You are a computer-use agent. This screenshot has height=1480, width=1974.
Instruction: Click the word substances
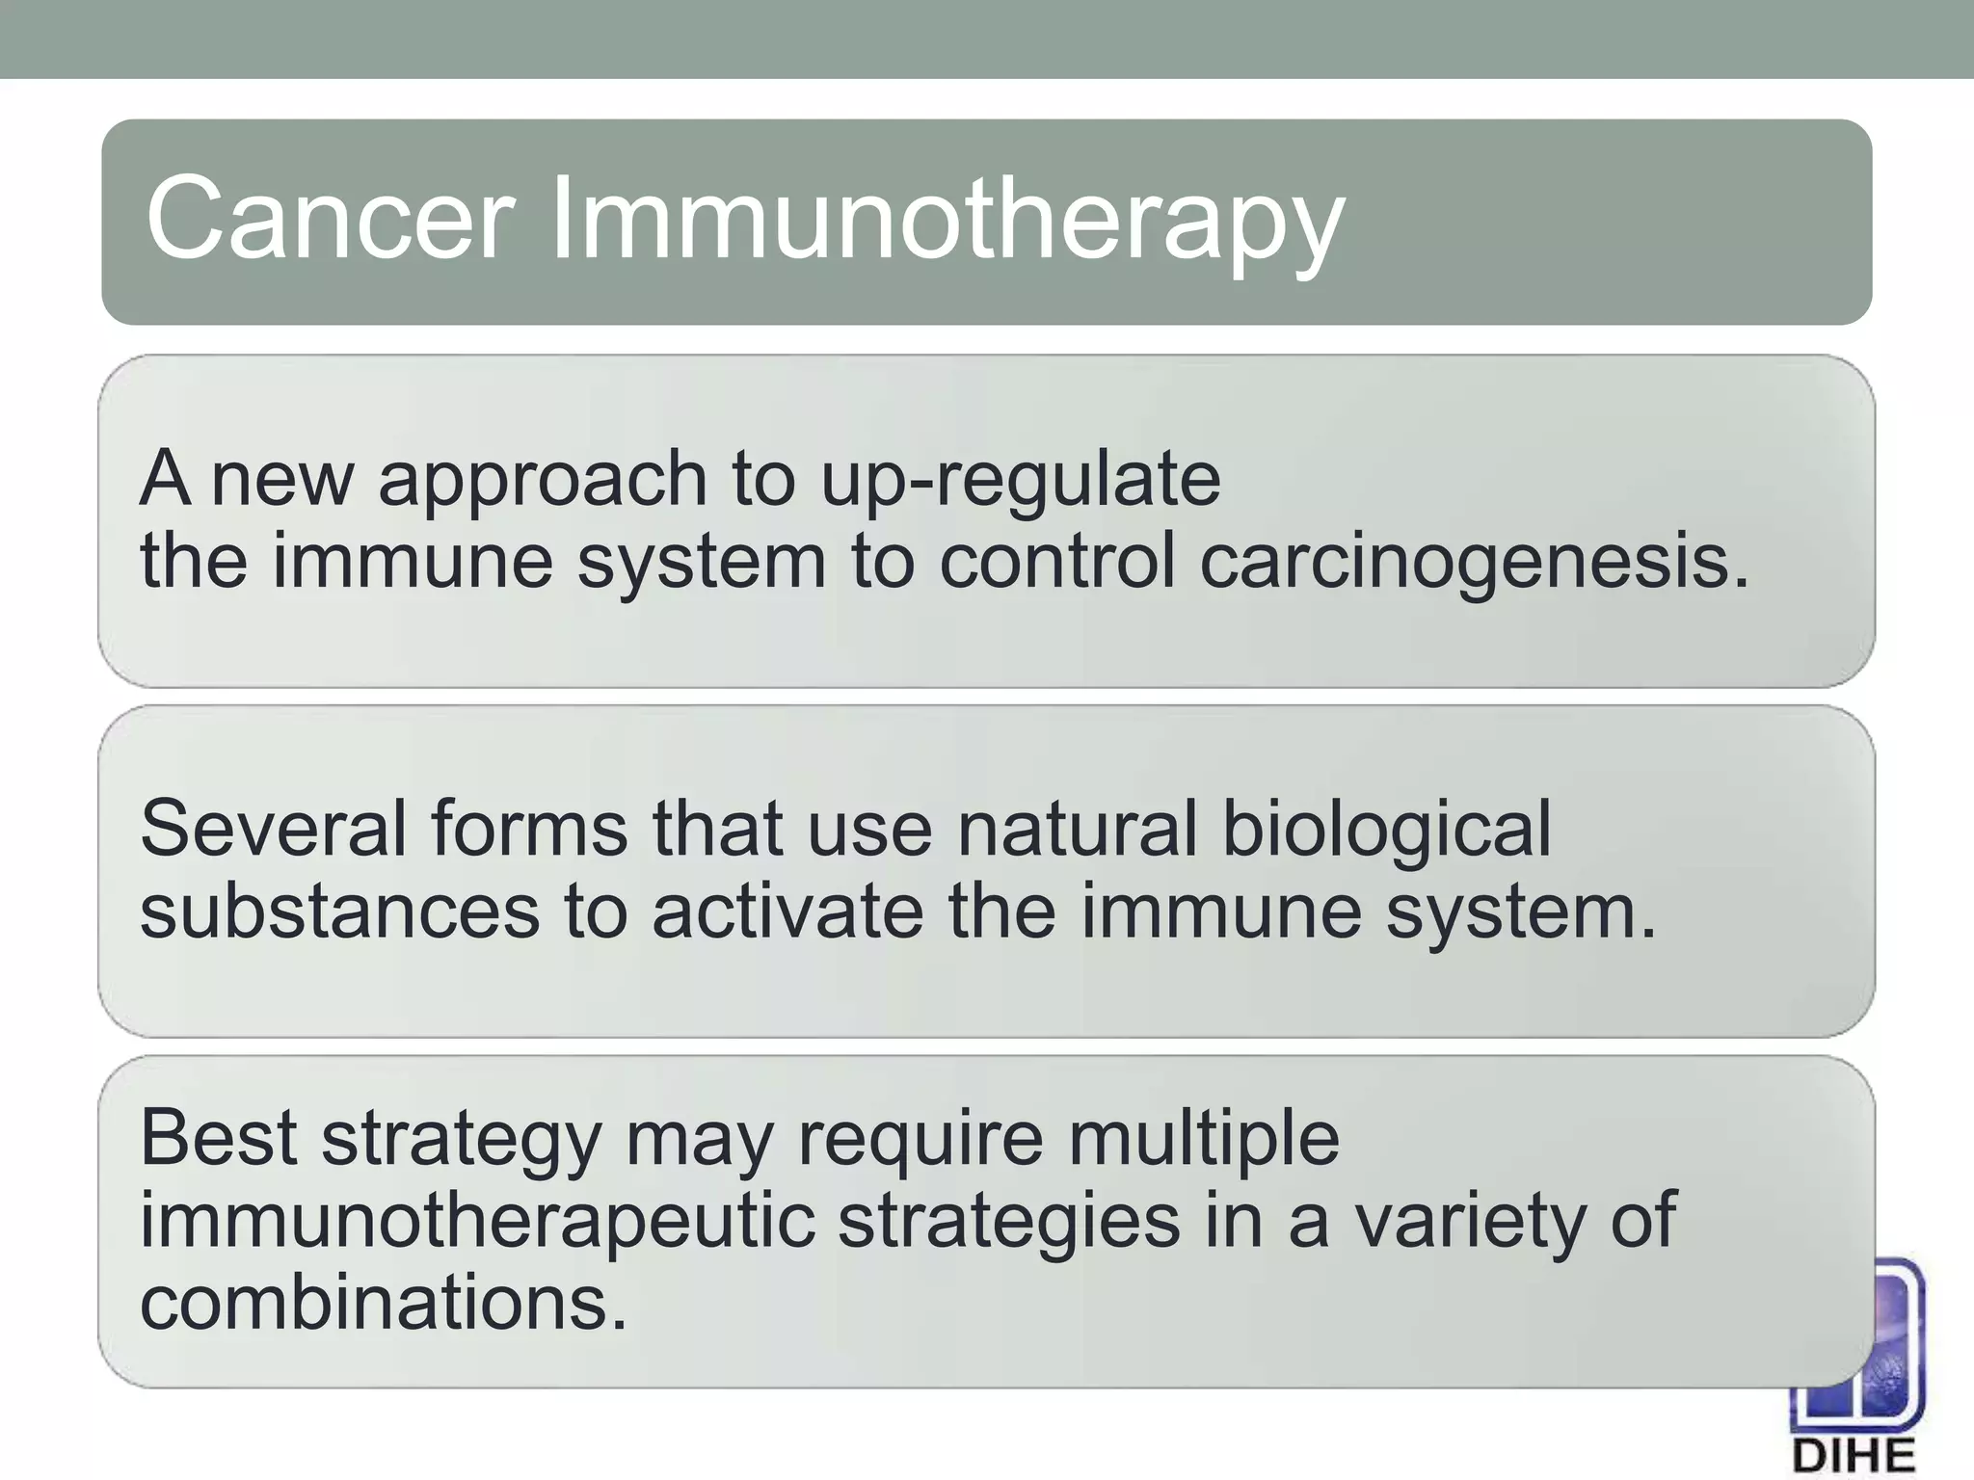[339, 911]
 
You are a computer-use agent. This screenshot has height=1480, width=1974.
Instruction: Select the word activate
[787, 911]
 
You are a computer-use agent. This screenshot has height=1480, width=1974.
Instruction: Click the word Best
[219, 1137]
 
